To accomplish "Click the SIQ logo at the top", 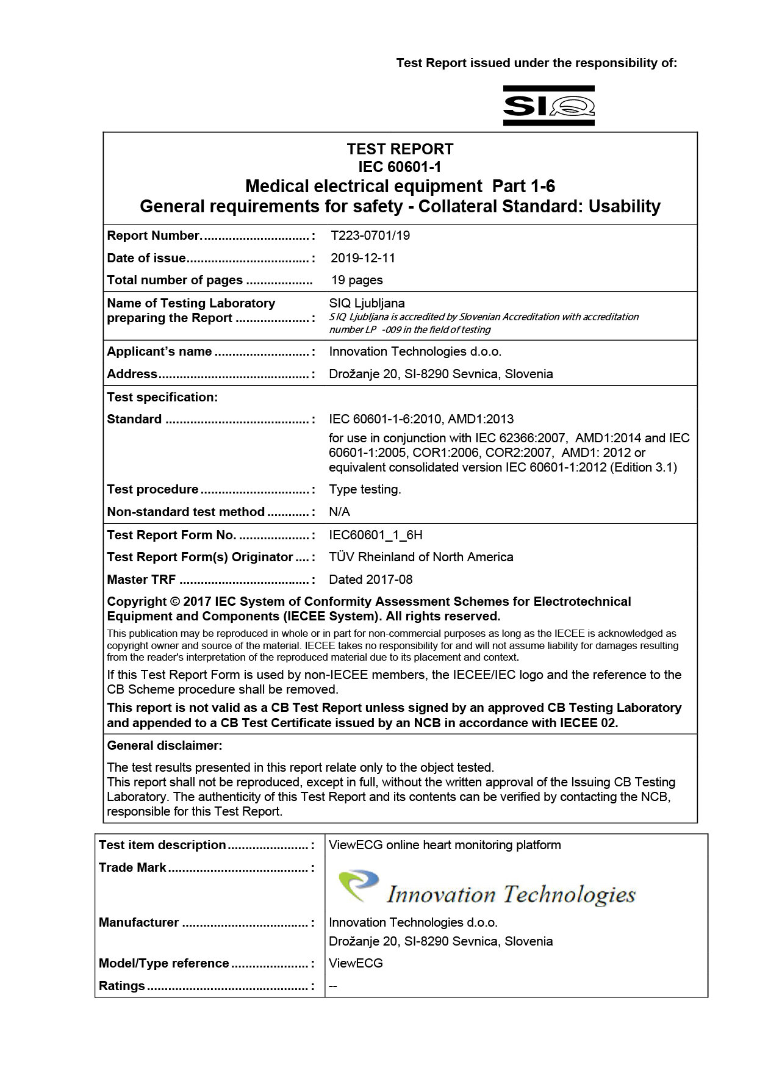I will pyautogui.click(x=548, y=106).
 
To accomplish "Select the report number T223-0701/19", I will pyautogui.click(x=370, y=235).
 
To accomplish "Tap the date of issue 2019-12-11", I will pyautogui.click(x=363, y=258).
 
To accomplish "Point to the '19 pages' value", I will pyautogui.click(x=357, y=280).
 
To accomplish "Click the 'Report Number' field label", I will pyautogui.click(x=154, y=235).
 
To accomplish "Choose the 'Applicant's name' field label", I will pyautogui.click(x=159, y=351).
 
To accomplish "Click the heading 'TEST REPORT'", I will pyautogui.click(x=400, y=149).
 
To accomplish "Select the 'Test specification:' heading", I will pyautogui.click(x=162, y=397).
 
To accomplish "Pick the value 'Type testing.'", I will pyautogui.click(x=365, y=489).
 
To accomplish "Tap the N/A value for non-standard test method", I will pyautogui.click(x=339, y=512).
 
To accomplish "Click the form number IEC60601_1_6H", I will pyautogui.click(x=375, y=535).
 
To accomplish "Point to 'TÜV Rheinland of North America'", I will pyautogui.click(x=421, y=557).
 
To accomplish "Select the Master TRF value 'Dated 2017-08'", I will pyautogui.click(x=370, y=580).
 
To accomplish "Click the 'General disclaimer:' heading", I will pyautogui.click(x=165, y=745).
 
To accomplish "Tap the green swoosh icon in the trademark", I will pyautogui.click(x=358, y=885).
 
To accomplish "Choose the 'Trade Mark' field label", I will pyautogui.click(x=132, y=867).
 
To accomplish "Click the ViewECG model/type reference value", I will pyautogui.click(x=356, y=963).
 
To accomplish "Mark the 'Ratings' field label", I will pyautogui.click(x=122, y=986).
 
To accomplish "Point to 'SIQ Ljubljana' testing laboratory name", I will pyautogui.click(x=367, y=303).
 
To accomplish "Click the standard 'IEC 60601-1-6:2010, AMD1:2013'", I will pyautogui.click(x=421, y=419).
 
